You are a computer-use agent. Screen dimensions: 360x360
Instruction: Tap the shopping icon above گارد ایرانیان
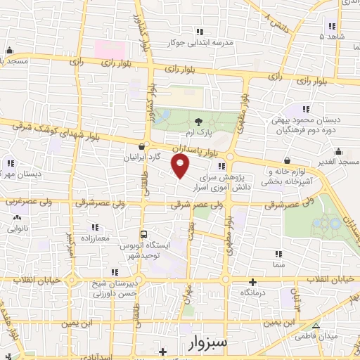pyautogui.click(x=143, y=147)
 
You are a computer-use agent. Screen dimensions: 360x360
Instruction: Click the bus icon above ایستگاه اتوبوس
pyautogui.click(x=143, y=234)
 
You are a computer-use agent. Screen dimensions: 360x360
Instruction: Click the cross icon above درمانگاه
pyautogui.click(x=252, y=281)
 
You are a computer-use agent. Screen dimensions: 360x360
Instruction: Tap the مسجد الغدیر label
pyautogui.click(x=338, y=161)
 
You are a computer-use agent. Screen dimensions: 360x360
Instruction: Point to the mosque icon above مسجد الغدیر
pyautogui.click(x=339, y=150)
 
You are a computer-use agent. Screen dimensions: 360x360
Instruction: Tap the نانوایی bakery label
pyautogui.click(x=17, y=229)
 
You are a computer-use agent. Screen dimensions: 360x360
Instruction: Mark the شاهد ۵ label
pyautogui.click(x=330, y=36)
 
